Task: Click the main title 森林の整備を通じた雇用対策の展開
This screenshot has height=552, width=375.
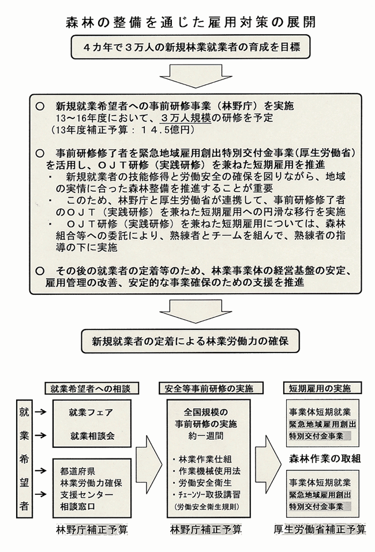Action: [187, 23]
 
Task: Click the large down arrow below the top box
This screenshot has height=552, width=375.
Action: [187, 75]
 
